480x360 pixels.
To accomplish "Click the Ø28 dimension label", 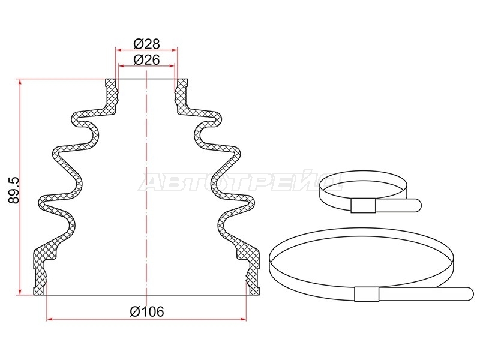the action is point(146,44).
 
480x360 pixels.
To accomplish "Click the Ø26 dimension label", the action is point(146,60).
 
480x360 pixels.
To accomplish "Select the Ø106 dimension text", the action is point(147,311).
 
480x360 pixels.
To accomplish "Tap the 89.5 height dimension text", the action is point(14,190).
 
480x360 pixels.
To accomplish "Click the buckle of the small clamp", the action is point(363,205).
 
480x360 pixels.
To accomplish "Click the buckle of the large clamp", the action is point(367,294).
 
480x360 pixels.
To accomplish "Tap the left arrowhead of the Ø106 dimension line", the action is point(49,319).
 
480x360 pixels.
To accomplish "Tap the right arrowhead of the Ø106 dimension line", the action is point(244,319).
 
